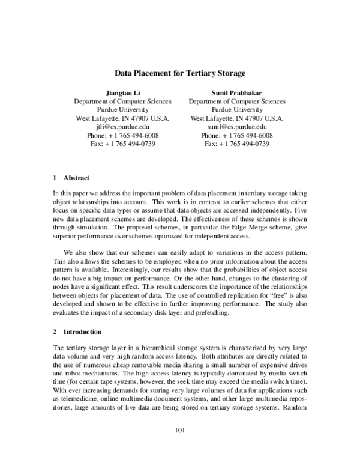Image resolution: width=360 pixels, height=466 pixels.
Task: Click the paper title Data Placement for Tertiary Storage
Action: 180,73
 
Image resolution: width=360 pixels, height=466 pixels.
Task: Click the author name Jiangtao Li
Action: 122,93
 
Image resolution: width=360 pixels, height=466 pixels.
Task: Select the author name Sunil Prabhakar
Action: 237,93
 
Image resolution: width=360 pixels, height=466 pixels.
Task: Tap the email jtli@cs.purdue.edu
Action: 122,127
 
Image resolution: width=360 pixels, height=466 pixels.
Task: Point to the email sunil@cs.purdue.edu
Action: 237,127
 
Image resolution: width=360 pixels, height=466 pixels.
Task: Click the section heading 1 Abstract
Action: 71,178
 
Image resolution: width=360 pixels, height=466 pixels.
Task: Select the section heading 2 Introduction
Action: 77,331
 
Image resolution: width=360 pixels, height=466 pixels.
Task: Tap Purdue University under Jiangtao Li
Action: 122,110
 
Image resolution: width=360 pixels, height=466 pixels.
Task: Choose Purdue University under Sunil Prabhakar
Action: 237,110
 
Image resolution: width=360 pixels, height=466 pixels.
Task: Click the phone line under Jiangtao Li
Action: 122,136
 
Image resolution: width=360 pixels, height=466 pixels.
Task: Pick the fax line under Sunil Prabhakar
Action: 237,144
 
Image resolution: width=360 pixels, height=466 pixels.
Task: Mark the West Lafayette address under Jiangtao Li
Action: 122,119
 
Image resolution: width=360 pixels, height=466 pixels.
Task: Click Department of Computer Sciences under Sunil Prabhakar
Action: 237,101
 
